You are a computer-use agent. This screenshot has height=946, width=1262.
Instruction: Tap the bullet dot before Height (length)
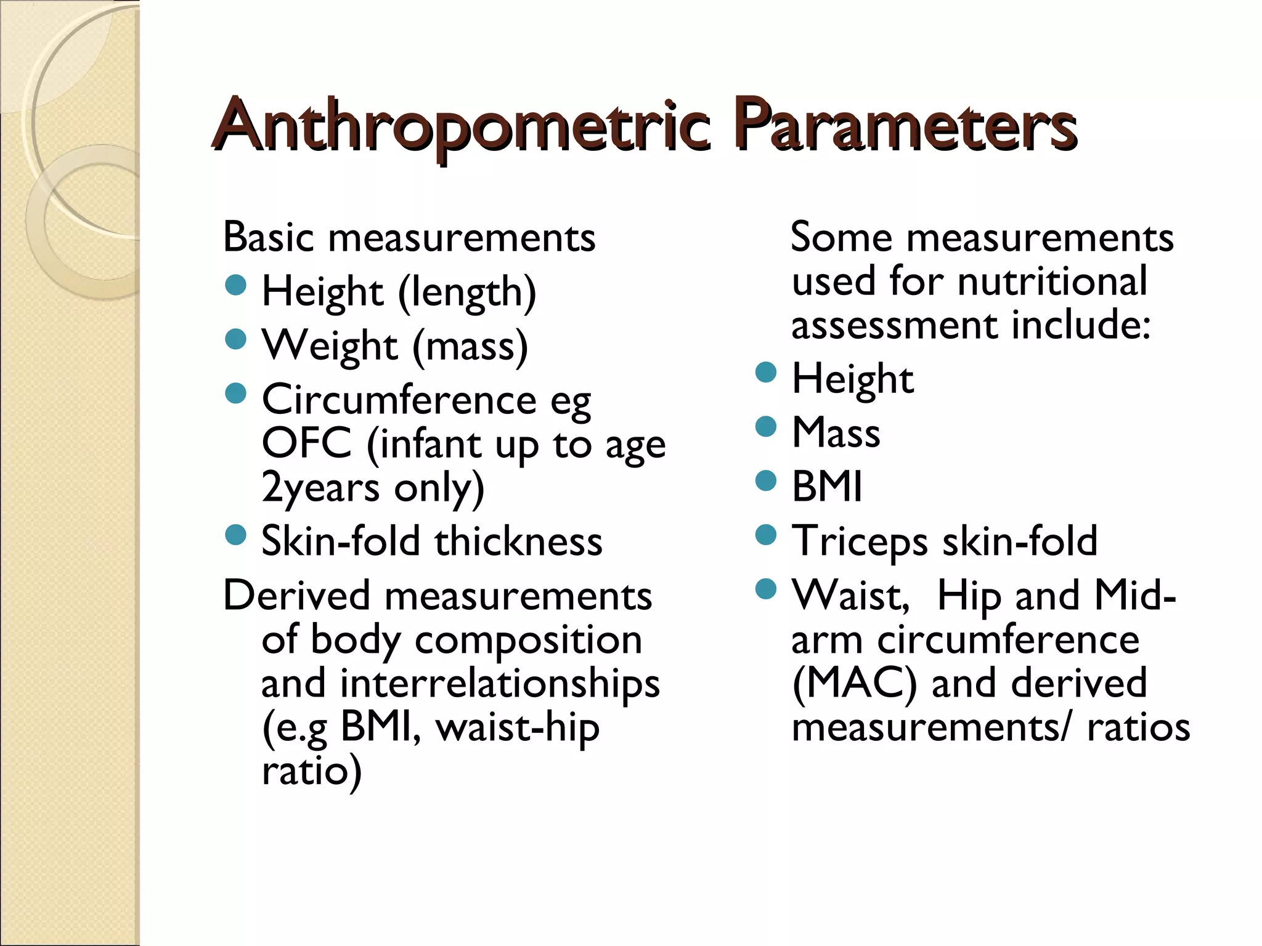point(236,285)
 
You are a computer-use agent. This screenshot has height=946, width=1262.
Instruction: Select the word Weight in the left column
point(330,346)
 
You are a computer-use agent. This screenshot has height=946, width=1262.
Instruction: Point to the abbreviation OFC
point(306,443)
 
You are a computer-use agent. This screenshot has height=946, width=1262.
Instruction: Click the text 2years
point(320,488)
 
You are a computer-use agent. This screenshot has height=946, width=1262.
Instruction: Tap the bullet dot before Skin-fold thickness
point(236,535)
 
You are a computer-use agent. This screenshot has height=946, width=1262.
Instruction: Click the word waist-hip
point(517,728)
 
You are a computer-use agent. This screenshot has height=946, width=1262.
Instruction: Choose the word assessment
point(894,326)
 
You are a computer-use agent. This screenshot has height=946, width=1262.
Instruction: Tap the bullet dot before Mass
point(766,426)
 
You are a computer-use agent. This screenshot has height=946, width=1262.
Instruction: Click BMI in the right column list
point(827,487)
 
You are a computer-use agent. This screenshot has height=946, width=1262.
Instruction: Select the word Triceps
point(860,541)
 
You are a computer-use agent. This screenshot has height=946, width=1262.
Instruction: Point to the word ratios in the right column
point(1138,727)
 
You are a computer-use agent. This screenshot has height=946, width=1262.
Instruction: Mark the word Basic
point(269,237)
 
